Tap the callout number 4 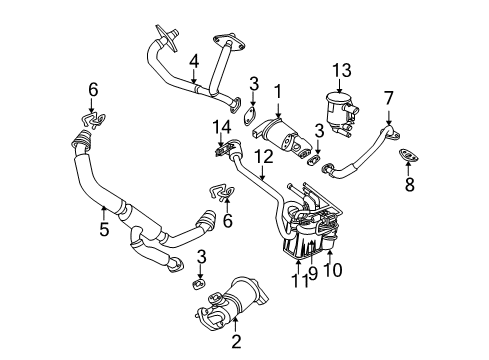(x=195, y=62)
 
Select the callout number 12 (x=263, y=156)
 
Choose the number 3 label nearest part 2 (x=201, y=258)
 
